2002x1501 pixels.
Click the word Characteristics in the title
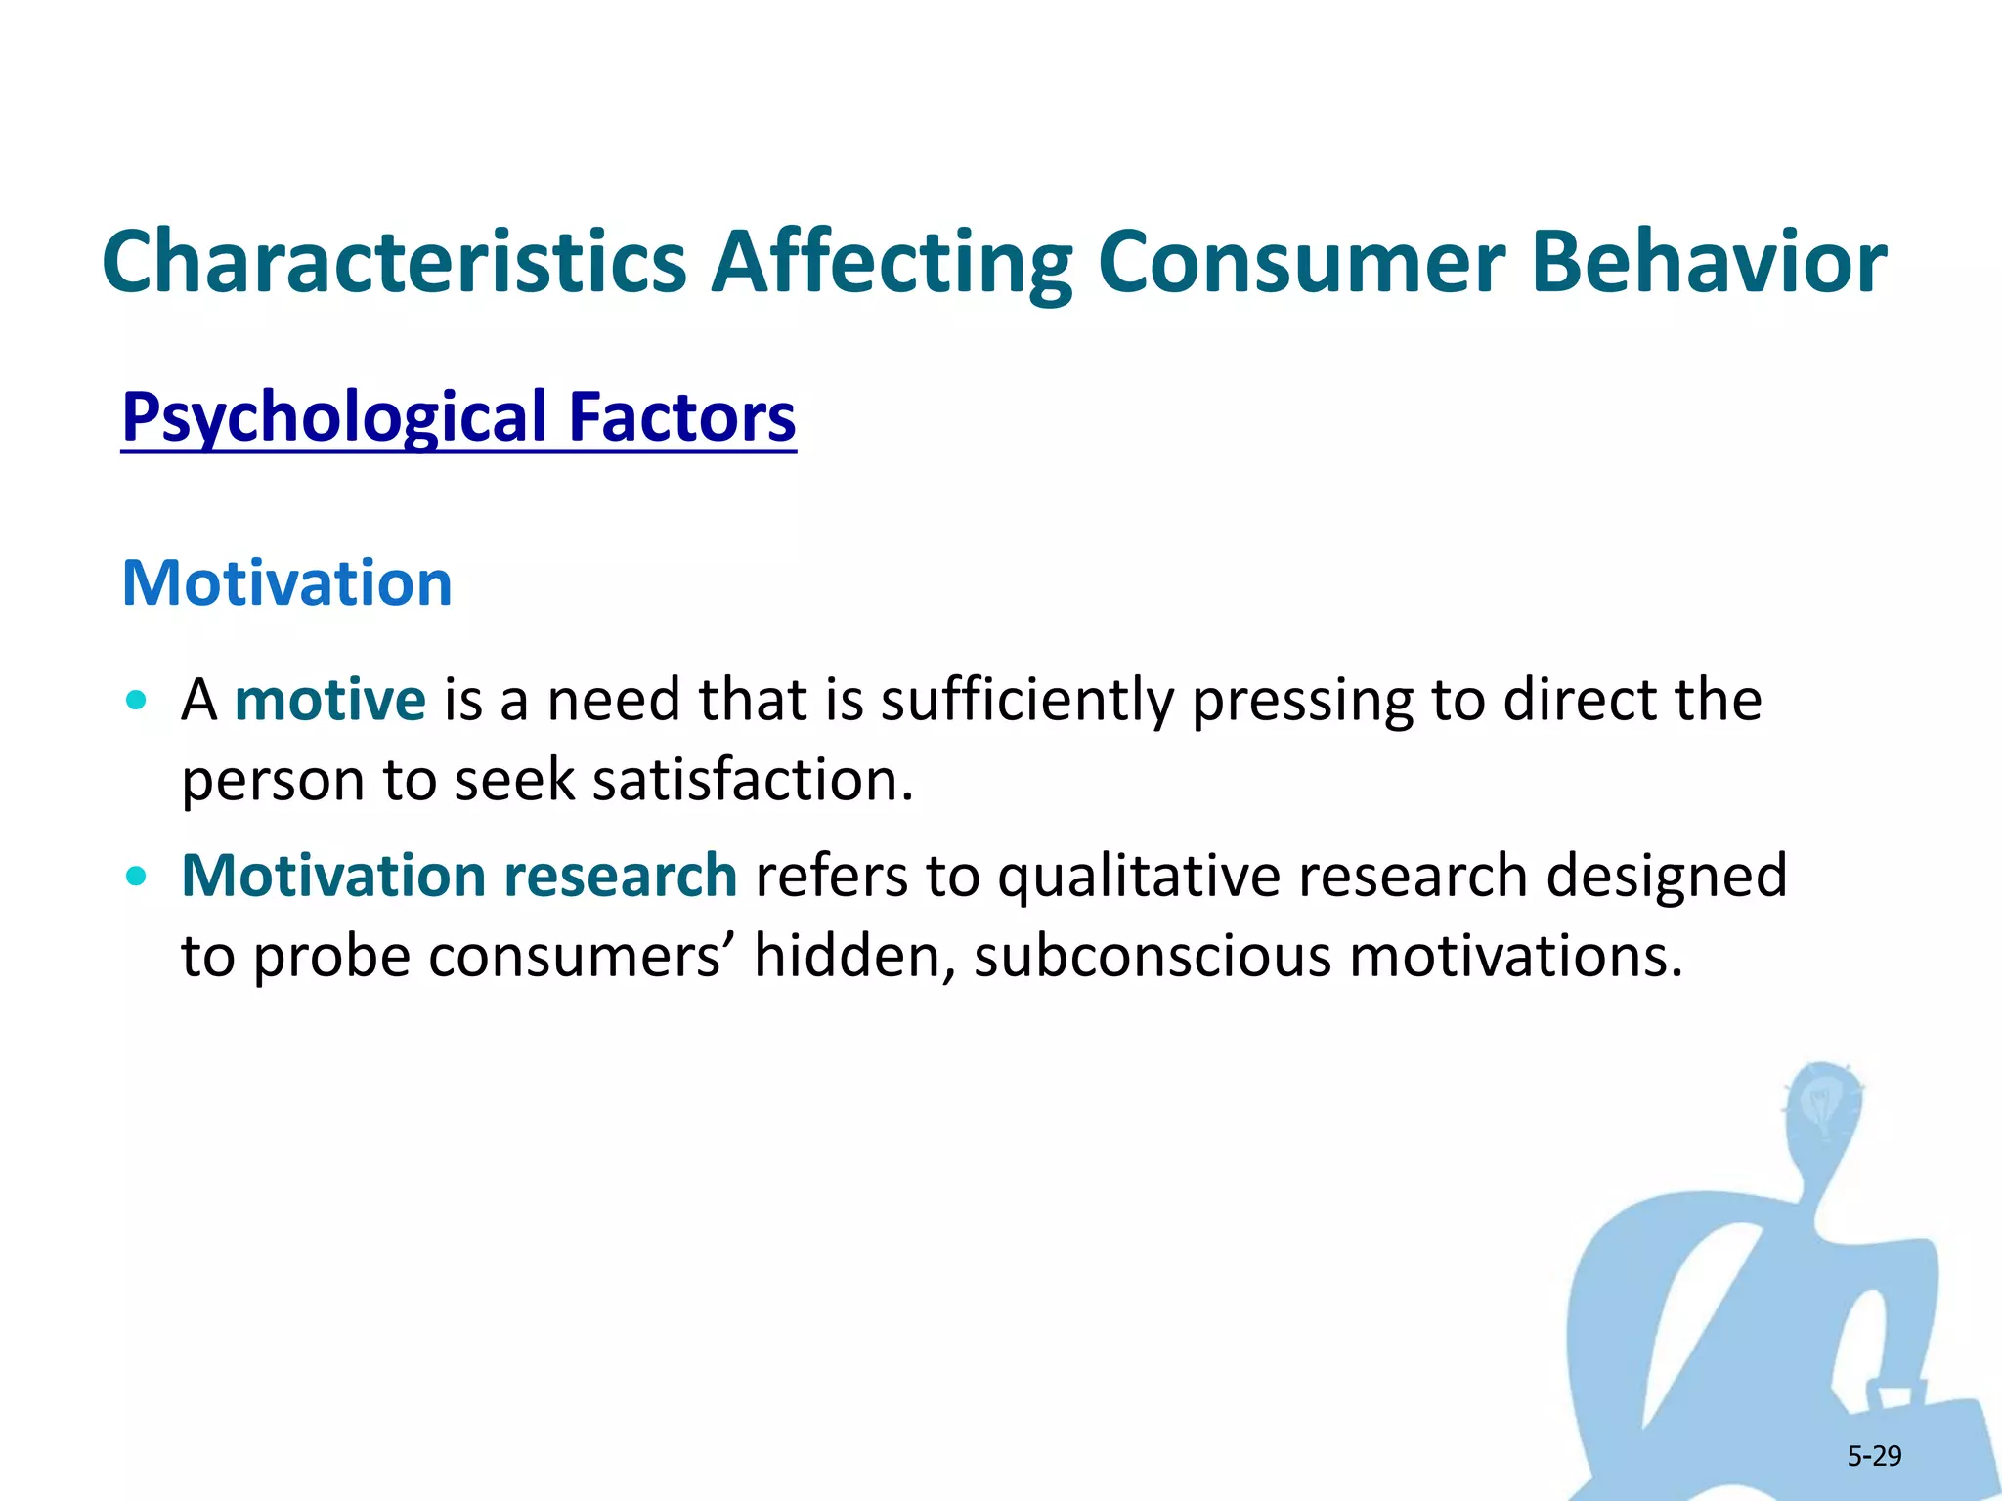[394, 262]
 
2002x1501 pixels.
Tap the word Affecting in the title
[892, 262]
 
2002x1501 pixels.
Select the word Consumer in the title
[1300, 262]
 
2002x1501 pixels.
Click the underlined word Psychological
[334, 418]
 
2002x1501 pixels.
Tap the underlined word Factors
[682, 418]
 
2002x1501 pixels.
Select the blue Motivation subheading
[286, 583]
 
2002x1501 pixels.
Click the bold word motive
[329, 701]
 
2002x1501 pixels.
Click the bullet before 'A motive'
[137, 701]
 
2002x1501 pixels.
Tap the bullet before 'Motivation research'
[137, 876]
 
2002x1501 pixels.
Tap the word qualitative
[1139, 876]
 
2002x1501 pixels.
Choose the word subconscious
[1152, 956]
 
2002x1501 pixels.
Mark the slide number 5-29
[1874, 1457]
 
